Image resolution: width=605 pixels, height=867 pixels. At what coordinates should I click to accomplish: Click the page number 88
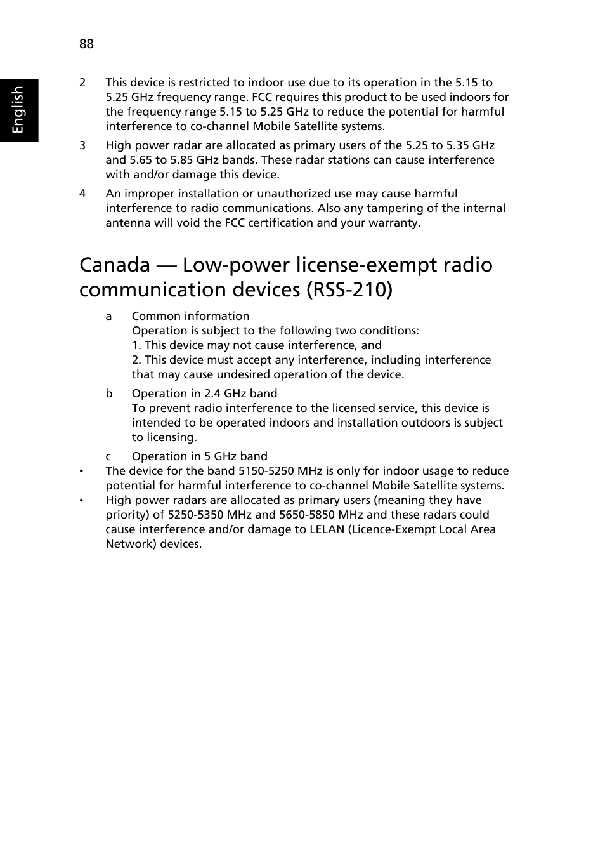pos(86,44)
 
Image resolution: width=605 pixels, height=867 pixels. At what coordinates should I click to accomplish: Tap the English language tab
pos(18,110)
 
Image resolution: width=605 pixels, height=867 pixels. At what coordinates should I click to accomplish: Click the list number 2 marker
pos(82,83)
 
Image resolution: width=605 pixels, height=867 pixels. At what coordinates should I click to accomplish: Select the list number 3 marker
pos(82,145)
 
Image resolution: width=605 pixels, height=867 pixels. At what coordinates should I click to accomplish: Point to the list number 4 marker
pos(82,194)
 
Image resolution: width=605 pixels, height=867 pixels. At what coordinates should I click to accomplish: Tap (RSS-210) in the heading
pos(349,289)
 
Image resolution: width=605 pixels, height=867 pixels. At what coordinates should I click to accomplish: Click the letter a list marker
pos(108,316)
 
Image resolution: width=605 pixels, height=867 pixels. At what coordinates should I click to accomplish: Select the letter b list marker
pos(109,394)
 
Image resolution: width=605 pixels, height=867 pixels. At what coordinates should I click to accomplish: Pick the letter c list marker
pos(108,456)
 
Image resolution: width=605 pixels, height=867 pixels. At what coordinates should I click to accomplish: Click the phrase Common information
pos(190,316)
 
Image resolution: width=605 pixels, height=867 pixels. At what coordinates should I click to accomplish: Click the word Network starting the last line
pos(130,544)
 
